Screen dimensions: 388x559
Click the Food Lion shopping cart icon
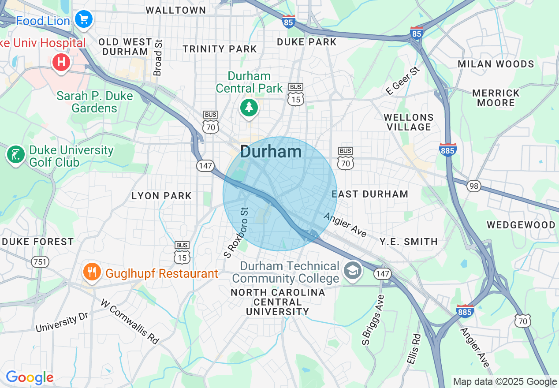coord(83,19)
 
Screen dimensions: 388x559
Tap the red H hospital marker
coord(61,62)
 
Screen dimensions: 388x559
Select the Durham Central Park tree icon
coord(249,107)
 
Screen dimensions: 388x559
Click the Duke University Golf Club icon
coord(16,154)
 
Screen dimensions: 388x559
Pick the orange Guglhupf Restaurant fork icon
coord(91,272)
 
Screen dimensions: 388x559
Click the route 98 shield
coord(474,186)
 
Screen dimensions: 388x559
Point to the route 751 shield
coord(40,262)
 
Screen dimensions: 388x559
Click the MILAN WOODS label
coord(496,64)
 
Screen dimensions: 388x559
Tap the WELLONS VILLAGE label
coord(408,122)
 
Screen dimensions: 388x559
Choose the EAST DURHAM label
coord(370,194)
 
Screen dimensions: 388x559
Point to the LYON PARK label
coord(161,196)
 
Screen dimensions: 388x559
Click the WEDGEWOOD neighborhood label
coord(521,225)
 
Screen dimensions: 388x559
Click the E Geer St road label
coord(402,81)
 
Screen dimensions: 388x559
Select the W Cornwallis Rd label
coord(130,322)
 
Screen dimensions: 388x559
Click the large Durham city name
coord(271,152)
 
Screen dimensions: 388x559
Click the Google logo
coord(30,377)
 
